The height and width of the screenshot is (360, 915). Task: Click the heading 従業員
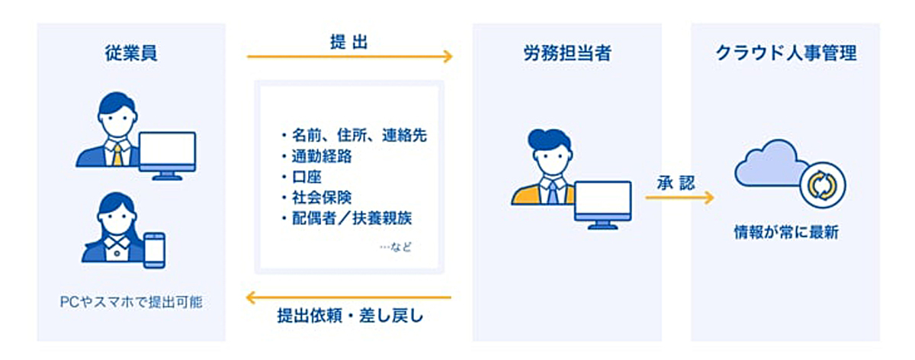point(130,53)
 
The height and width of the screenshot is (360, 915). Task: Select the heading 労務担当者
point(567,53)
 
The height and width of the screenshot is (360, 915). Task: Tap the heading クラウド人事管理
point(786,53)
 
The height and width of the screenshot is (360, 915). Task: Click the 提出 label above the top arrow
point(349,42)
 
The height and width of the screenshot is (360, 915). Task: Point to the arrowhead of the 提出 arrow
point(448,56)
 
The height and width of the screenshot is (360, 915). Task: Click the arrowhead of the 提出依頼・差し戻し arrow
point(251,297)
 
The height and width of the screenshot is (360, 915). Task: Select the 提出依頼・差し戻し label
point(350,316)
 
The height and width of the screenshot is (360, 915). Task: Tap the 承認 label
point(676,184)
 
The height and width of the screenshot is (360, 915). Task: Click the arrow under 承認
point(679,198)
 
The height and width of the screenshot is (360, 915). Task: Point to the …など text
point(396,247)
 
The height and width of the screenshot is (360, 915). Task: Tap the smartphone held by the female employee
point(154,250)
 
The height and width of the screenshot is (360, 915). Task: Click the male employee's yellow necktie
point(117,154)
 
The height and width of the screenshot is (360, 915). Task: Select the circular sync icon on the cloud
point(822,185)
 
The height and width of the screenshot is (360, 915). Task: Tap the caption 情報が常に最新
point(786,233)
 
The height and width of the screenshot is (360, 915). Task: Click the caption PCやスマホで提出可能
point(131,302)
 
